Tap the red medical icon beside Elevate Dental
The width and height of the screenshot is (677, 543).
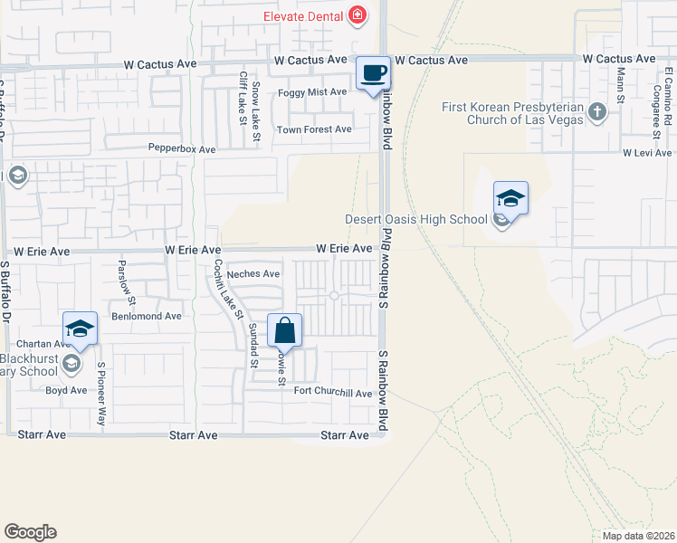coord(358,14)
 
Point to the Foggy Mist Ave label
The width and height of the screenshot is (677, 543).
coord(313,92)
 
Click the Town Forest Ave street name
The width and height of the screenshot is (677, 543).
coord(314,129)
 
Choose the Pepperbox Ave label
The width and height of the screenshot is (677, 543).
coord(182,148)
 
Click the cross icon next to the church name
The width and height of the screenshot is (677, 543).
coord(596,111)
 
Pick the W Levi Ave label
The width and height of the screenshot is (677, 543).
coord(647,154)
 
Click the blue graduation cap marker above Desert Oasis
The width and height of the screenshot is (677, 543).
coord(510,199)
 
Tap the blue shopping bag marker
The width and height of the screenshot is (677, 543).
coord(284,332)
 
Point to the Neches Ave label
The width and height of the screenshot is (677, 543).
coord(253,274)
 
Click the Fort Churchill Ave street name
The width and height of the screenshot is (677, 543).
coord(333,394)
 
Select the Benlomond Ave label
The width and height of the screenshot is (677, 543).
coord(147,317)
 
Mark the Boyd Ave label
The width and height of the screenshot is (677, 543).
coord(66,391)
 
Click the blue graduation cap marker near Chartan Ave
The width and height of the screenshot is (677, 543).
coord(80,329)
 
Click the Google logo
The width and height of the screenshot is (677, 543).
coord(30,532)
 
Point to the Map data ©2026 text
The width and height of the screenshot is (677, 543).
coord(638,536)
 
